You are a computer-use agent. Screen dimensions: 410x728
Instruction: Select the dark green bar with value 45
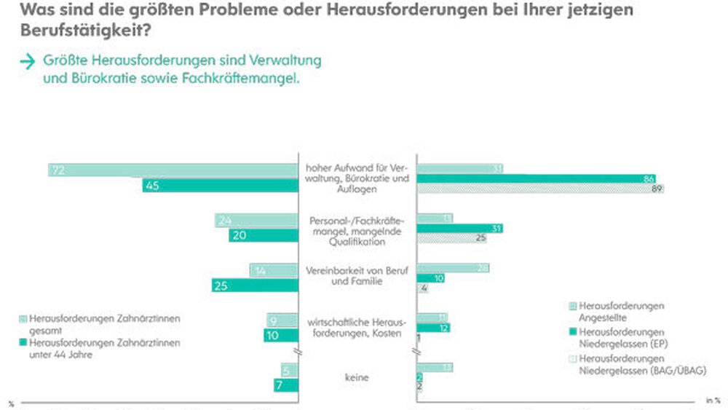pyautogui.click(x=220, y=185)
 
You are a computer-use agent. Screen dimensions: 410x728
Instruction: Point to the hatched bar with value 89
pyautogui.click(x=540, y=189)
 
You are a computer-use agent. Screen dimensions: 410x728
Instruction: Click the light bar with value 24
pyautogui.click(x=256, y=220)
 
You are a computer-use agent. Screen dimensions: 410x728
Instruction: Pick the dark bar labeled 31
pyautogui.click(x=459, y=228)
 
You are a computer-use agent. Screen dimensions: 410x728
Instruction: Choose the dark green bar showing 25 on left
pyautogui.click(x=255, y=285)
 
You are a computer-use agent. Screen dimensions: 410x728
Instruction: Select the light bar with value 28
pyautogui.click(x=452, y=268)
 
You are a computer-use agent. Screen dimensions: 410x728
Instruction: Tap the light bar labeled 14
pyautogui.click(x=274, y=271)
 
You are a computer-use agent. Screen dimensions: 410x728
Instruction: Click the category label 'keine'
pyautogui.click(x=357, y=378)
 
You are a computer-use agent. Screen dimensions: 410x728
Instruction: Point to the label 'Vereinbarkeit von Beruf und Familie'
pyautogui.click(x=357, y=275)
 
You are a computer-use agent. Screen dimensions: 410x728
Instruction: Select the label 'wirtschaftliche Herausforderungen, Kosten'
pyautogui.click(x=357, y=326)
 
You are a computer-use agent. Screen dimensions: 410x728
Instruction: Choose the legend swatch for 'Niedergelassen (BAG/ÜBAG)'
pyautogui.click(x=573, y=359)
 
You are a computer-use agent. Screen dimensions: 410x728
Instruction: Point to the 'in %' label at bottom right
pyautogui.click(x=713, y=400)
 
